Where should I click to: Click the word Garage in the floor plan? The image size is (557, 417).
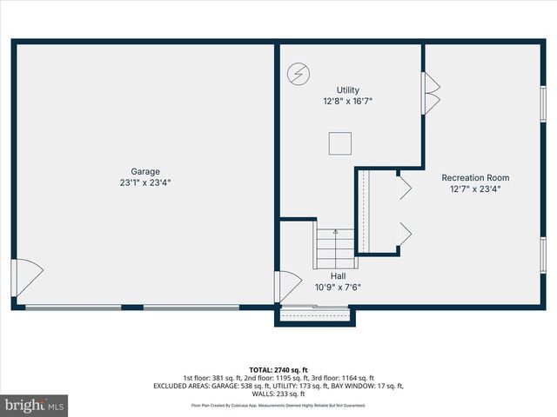tap(145, 171)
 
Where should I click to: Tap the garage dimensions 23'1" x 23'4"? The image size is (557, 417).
tap(145, 182)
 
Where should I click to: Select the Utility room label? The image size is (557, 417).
tap(348, 89)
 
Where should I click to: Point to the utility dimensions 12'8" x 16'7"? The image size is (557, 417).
tap(348, 101)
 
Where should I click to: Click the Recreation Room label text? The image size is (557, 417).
tap(474, 177)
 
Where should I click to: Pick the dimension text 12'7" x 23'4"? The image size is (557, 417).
tap(474, 189)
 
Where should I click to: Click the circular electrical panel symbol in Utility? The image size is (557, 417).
tap(298, 74)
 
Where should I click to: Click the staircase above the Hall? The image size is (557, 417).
tap(336, 248)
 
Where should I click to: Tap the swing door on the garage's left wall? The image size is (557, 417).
tap(26, 277)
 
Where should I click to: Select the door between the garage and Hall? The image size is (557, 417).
tap(285, 287)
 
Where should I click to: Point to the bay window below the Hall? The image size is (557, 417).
tap(315, 315)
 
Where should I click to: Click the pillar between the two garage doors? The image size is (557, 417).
tap(132, 307)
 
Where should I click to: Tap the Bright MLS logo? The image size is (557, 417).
tap(35, 405)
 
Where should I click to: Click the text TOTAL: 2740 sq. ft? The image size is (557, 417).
tap(278, 369)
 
